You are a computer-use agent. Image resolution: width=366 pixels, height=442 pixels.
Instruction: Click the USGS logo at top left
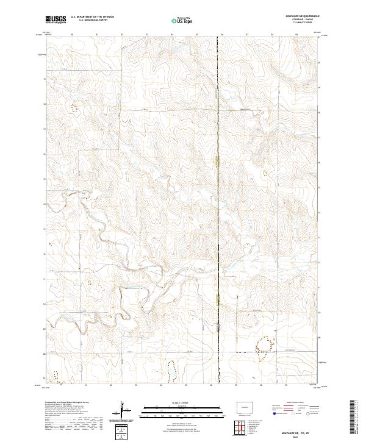click(56, 20)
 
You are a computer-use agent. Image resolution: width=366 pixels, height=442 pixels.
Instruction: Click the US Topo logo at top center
click(182, 20)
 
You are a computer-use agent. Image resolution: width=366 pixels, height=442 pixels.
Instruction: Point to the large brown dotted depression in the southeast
click(262, 345)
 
